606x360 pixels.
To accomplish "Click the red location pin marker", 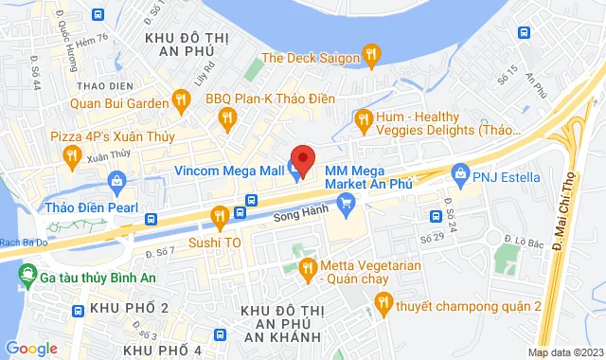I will tap(302, 159).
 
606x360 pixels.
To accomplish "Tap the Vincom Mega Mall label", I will tap(229, 171).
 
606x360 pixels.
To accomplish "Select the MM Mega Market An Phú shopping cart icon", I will tap(346, 201).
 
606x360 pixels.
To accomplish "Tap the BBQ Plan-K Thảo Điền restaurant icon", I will tap(225, 117).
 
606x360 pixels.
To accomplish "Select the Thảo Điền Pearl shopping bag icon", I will tap(117, 180).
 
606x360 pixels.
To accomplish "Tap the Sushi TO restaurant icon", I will tap(220, 217).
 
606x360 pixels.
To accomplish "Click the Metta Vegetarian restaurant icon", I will tap(306, 271).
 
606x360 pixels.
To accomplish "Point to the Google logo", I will tap(31, 348).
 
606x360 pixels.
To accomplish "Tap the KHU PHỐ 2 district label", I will tap(130, 309).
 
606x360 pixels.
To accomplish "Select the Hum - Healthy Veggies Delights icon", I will tap(362, 118).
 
